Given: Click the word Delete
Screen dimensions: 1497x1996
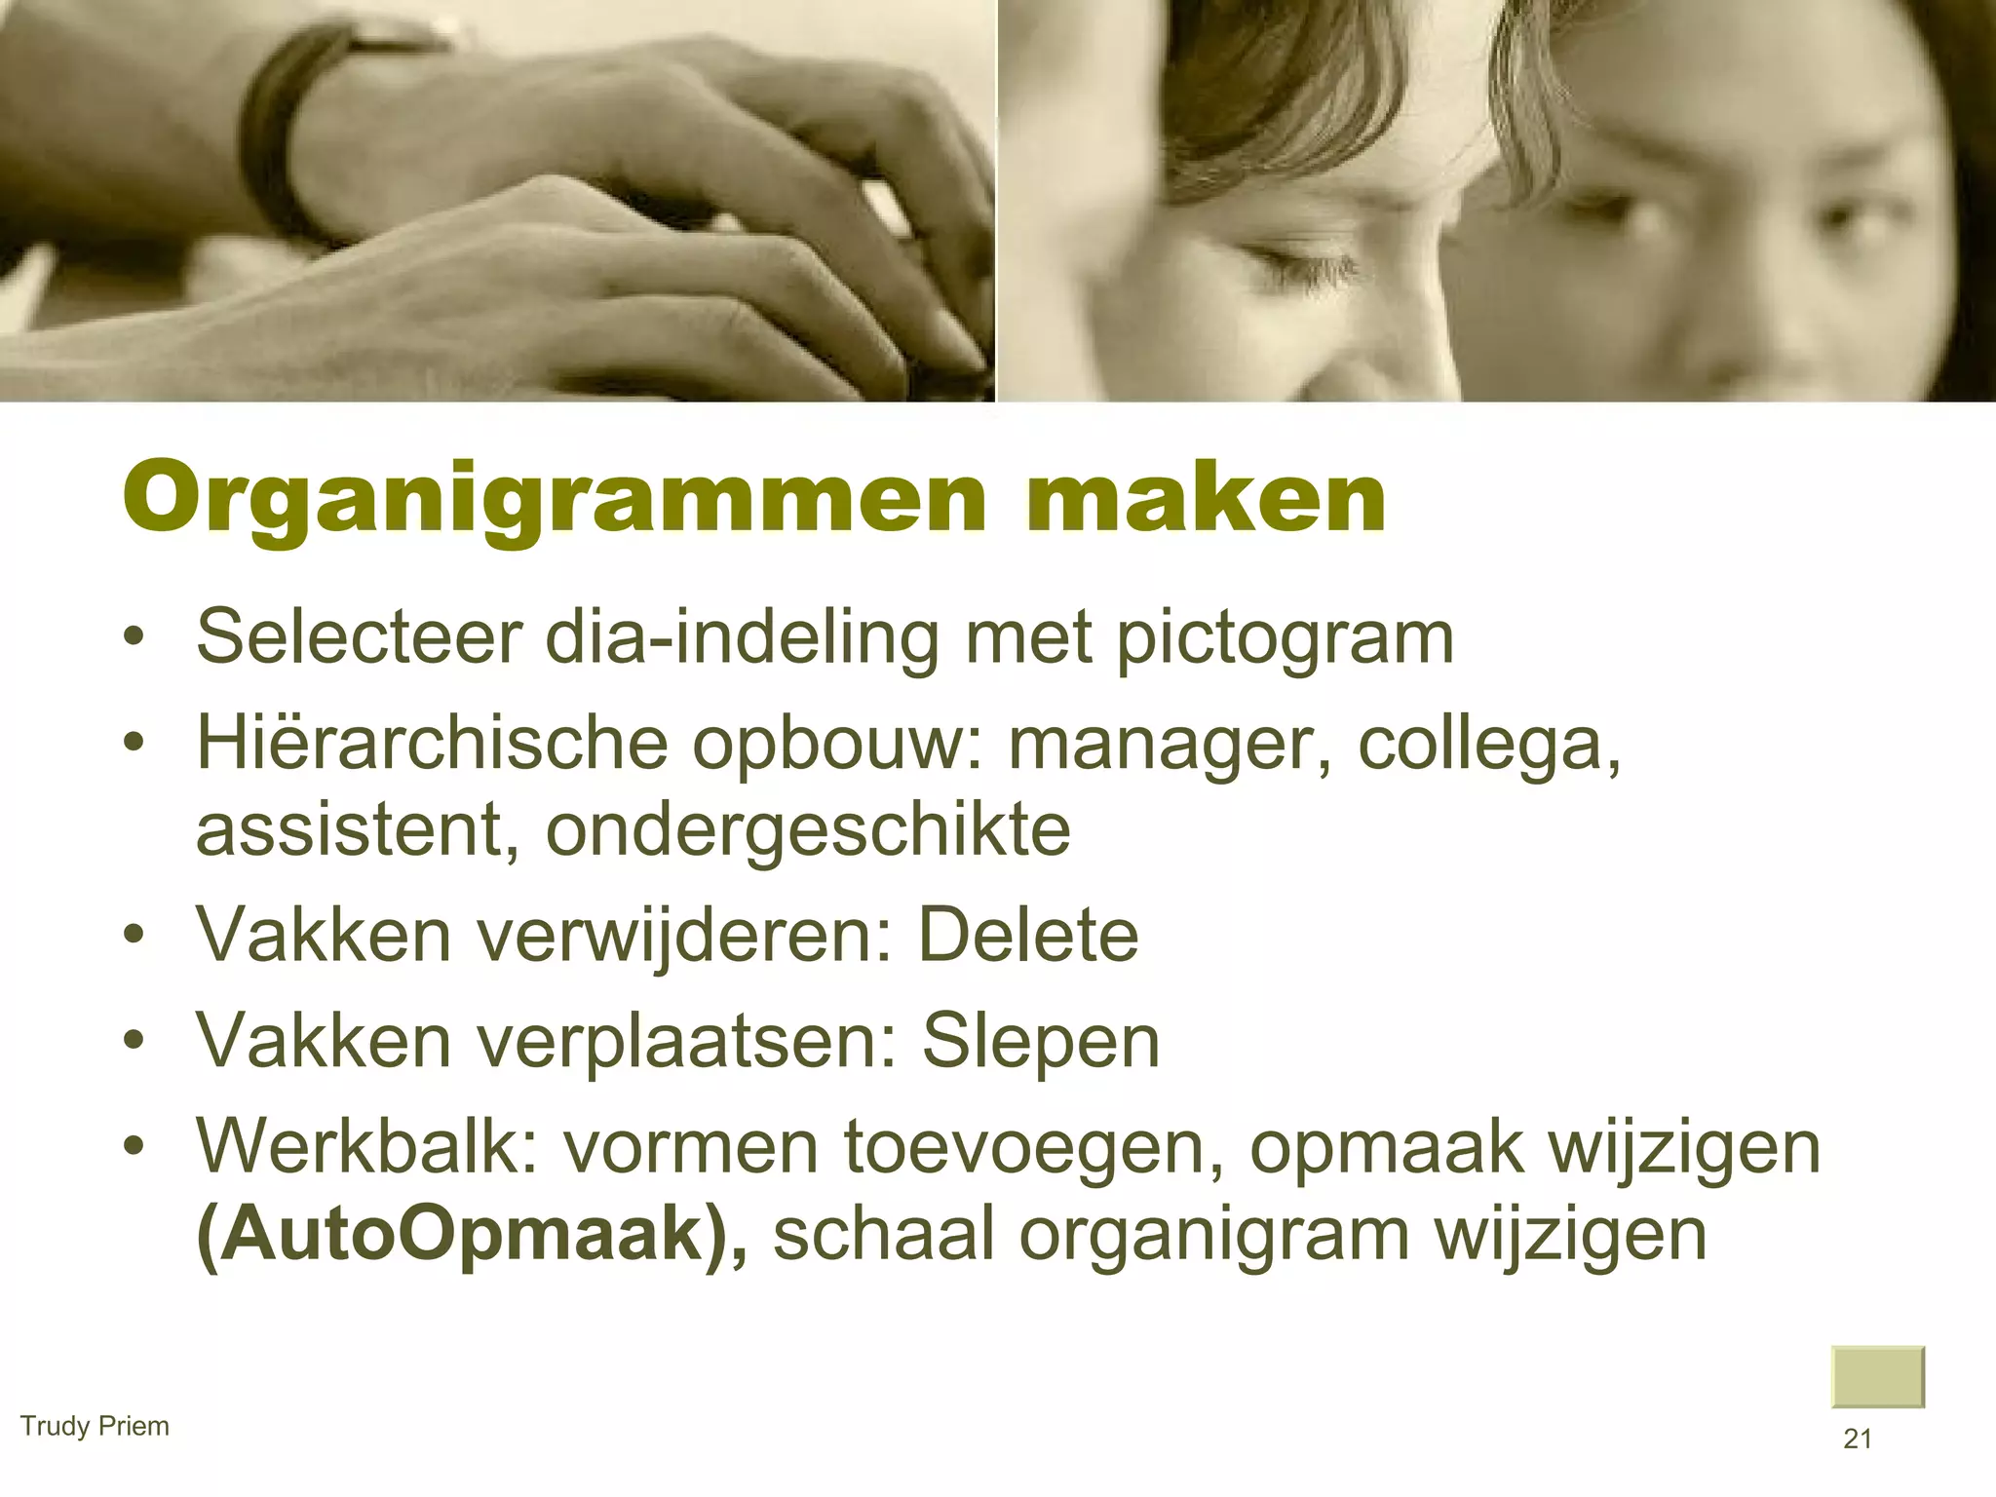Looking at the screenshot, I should point(1028,937).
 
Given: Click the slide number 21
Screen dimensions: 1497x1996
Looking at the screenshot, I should point(1858,1439).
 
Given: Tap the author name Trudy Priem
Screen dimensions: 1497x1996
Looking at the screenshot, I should point(95,1426).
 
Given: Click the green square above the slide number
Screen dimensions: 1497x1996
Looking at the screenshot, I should point(1877,1376).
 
